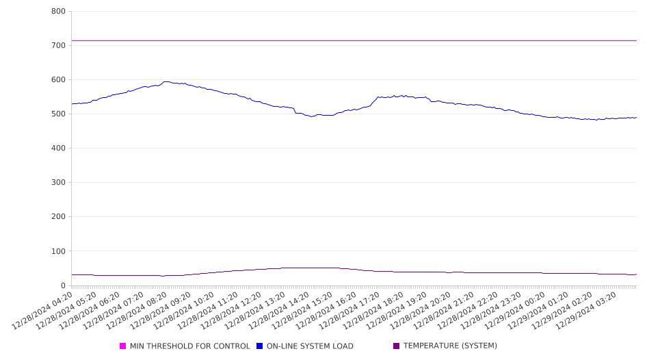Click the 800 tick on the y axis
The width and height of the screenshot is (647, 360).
tap(58, 11)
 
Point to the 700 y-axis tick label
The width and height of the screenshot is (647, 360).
tap(58, 45)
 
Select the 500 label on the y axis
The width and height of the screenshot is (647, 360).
tap(58, 114)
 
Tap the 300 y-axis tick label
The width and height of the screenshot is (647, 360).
tap(58, 183)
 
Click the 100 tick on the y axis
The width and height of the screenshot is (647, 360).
tap(58, 251)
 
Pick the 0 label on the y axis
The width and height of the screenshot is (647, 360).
tap(63, 285)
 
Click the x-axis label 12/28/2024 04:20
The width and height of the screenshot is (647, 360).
tap(42, 311)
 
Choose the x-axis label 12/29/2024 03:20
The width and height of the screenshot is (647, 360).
tap(586, 311)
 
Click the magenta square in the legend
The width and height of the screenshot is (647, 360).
tap(122, 346)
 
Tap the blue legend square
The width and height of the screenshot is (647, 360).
tap(259, 346)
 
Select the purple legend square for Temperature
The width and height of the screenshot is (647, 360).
tap(397, 346)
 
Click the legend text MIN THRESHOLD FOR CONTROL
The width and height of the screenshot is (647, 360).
tap(190, 346)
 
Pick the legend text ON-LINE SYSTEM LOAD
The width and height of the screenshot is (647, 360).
tap(310, 346)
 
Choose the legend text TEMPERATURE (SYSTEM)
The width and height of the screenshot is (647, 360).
tap(450, 346)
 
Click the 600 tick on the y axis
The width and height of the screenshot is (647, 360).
tap(58, 79)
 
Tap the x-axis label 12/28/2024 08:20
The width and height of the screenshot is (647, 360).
tap(137, 311)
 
